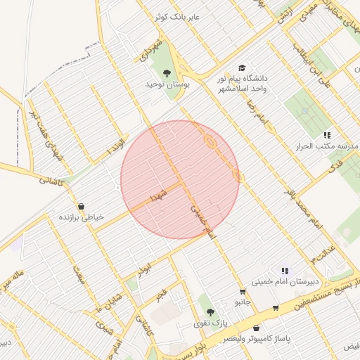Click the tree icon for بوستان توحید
[167, 72]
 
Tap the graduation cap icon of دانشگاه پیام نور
[242, 68]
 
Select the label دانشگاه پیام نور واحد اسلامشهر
[243, 85]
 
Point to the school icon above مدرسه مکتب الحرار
[327, 135]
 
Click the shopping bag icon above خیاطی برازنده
[81, 206]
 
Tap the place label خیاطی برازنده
[81, 217]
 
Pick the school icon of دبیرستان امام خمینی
[285, 271]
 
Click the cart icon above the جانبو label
[243, 292]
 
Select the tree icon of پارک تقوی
[210, 311]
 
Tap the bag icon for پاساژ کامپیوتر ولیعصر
[256, 328]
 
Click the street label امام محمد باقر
[302, 208]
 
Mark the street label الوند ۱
[114, 148]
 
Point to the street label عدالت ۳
[323, 253]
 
